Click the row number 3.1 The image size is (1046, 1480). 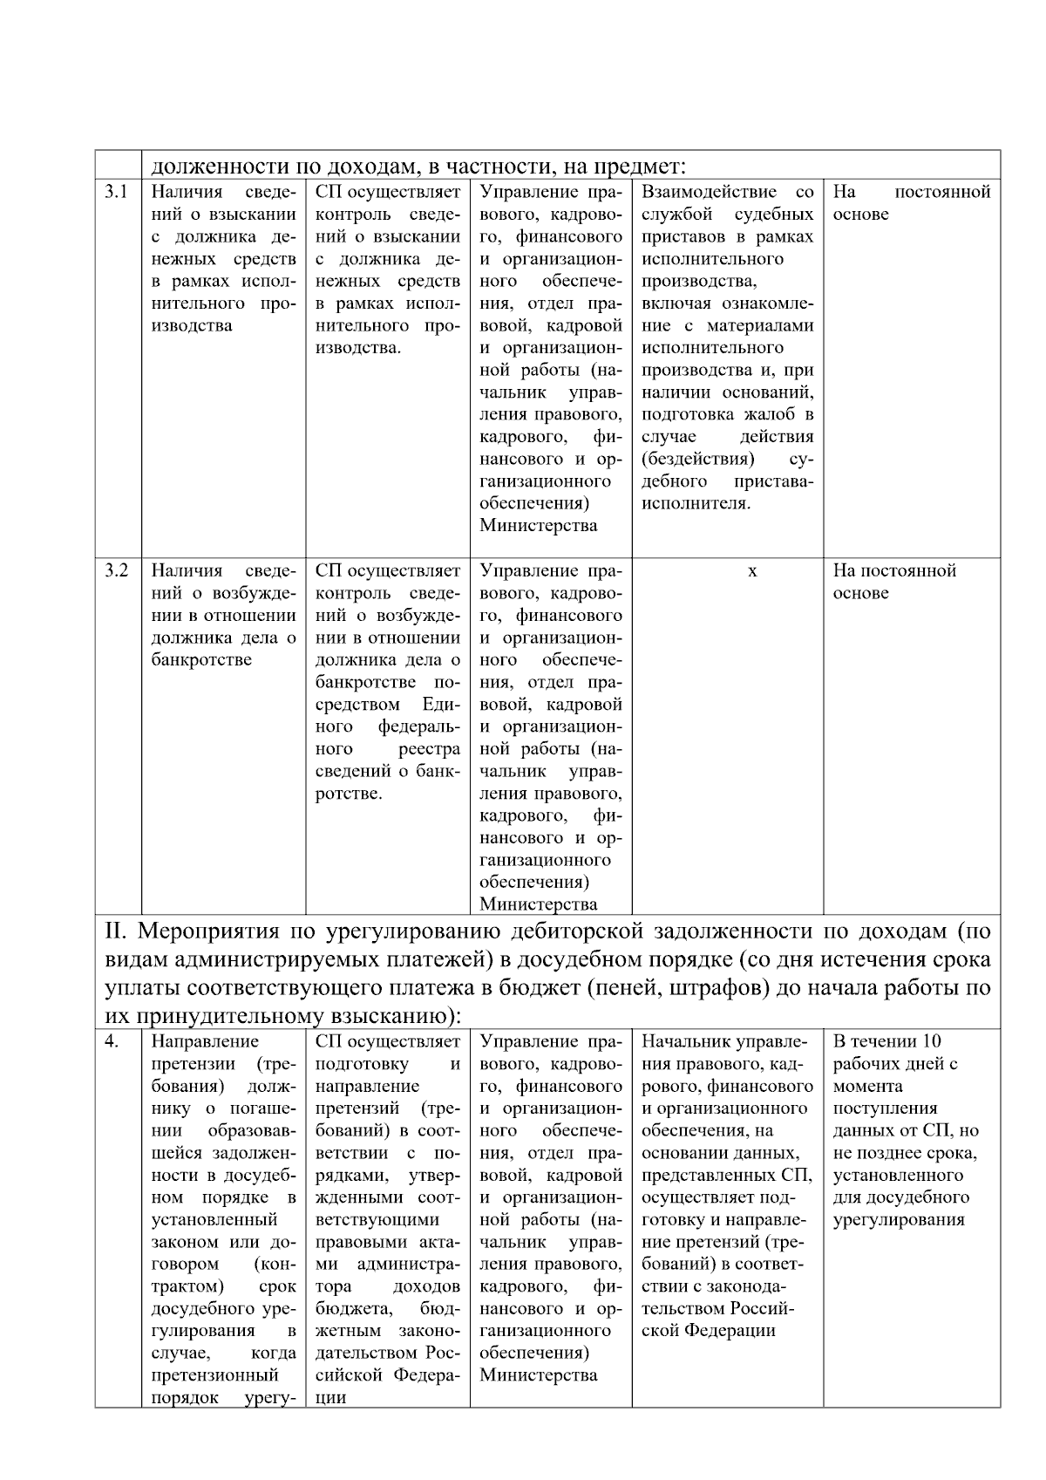117,192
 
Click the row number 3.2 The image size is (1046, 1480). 117,570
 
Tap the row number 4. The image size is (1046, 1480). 112,1041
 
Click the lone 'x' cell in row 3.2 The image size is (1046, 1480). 752,571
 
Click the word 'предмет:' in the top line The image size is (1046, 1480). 641,165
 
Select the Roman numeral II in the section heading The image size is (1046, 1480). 117,931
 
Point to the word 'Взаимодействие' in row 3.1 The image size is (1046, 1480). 709,192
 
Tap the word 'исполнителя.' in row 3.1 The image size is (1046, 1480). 696,503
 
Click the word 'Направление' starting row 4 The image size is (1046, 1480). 205,1041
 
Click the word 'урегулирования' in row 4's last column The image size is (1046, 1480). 899,1220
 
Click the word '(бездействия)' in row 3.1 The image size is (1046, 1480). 697,459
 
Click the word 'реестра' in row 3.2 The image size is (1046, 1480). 429,749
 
